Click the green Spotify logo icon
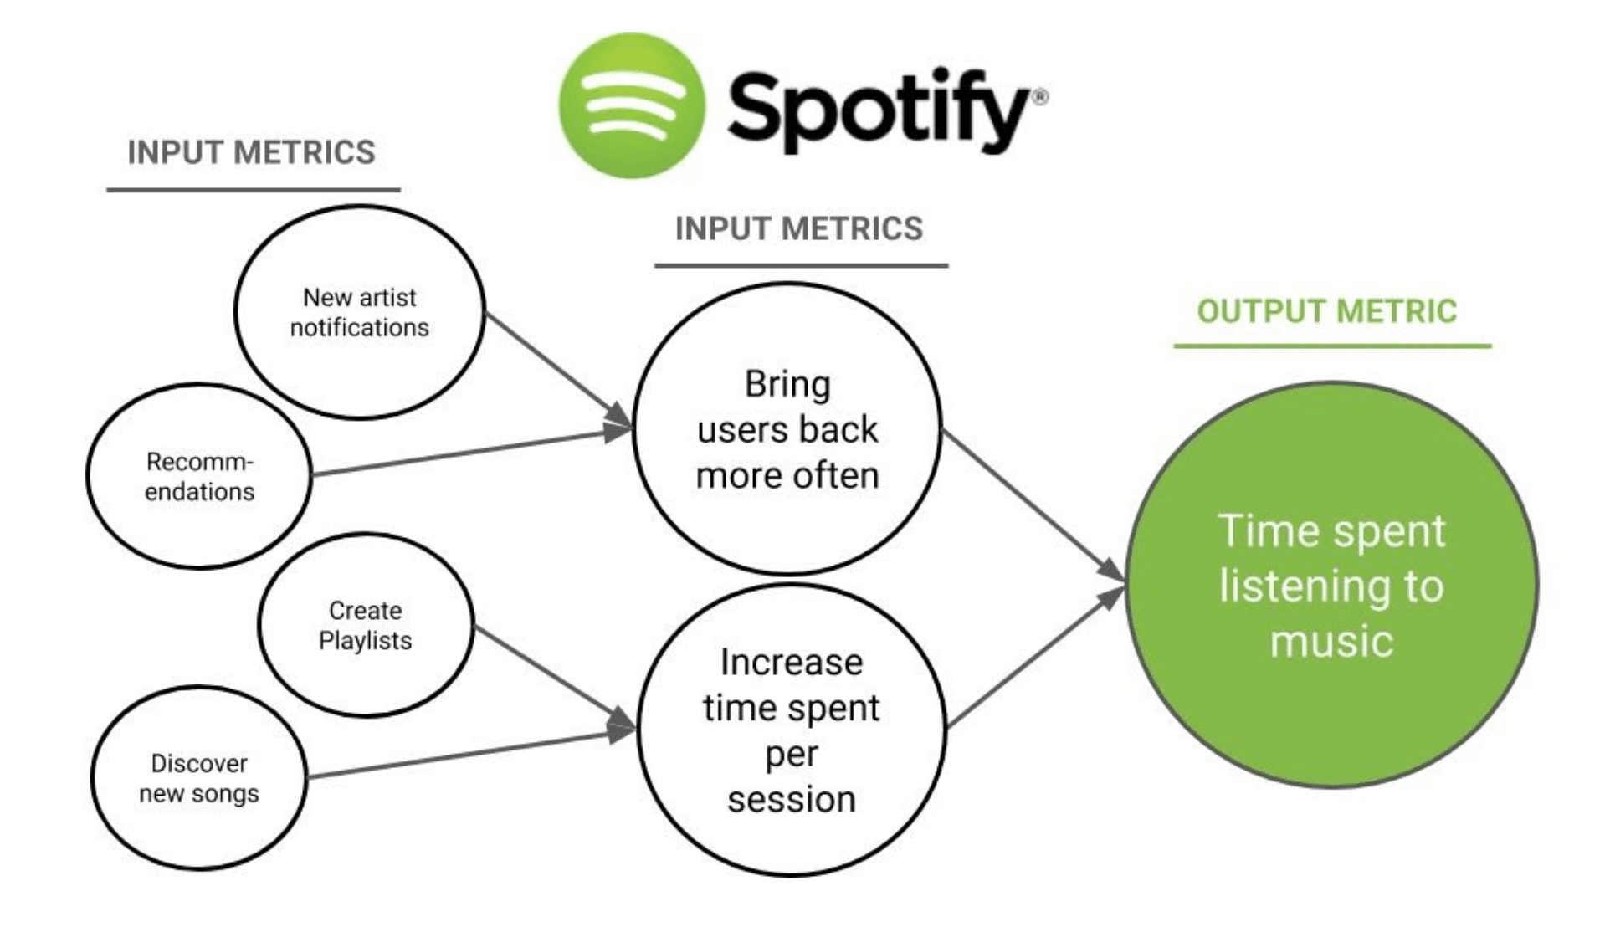[632, 106]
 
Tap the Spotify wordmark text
[879, 110]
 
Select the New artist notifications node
[360, 312]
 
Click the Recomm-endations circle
[199, 476]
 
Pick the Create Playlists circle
[366, 625]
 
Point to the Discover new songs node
[199, 778]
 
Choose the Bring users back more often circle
[787, 429]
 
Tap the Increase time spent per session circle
[792, 730]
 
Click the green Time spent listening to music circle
[1331, 586]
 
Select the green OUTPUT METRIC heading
[1326, 311]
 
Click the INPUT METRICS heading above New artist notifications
[251, 152]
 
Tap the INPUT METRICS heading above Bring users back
[799, 228]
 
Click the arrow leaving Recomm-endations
[469, 453]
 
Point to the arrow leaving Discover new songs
[469, 755]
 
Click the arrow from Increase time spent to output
[1034, 657]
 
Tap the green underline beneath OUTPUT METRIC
[1332, 345]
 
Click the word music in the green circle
[1331, 642]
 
